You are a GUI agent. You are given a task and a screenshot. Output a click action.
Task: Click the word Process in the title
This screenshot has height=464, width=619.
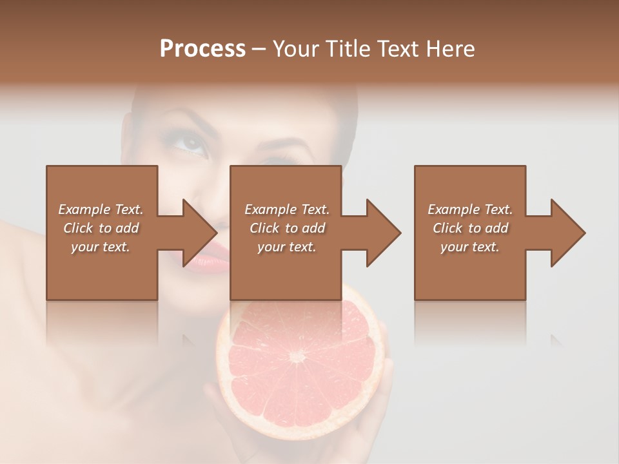[202, 49]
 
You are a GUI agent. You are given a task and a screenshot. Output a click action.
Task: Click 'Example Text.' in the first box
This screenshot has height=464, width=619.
[101, 209]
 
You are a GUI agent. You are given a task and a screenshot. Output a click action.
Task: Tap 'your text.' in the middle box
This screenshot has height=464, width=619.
[286, 247]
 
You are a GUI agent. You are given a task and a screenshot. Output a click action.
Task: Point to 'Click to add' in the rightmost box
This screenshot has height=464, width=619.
[470, 228]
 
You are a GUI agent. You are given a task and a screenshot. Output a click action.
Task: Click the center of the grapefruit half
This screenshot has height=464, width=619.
[298, 356]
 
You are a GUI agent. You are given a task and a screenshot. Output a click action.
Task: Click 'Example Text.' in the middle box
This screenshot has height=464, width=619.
[286, 209]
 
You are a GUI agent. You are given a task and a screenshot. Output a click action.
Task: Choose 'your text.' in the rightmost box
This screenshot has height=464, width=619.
[470, 247]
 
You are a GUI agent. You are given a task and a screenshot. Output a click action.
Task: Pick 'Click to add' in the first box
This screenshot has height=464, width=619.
[101, 228]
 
